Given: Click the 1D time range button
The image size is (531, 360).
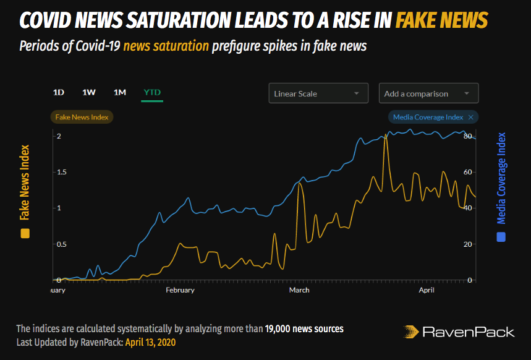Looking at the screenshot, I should point(59,93).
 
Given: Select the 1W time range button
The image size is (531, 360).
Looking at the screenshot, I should point(89,93).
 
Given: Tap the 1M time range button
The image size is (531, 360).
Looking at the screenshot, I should point(120,93).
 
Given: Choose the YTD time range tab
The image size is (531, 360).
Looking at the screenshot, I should point(152,93).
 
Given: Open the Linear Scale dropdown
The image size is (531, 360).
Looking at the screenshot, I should point(318,93).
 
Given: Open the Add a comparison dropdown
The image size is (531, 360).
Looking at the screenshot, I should point(428,93).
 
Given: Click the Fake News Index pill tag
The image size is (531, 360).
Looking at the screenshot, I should point(82,117).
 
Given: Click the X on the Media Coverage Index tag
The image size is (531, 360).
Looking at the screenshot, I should point(471,117).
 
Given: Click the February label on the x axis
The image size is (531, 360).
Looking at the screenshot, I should point(180,289).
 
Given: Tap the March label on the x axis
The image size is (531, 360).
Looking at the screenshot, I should point(299,289).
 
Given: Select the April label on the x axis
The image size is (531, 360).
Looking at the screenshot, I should point(427,289).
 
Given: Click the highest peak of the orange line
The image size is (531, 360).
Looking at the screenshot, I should point(385,135).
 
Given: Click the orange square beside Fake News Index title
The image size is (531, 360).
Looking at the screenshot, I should point(25,233).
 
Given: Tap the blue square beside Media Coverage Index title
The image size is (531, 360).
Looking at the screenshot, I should point(501,236).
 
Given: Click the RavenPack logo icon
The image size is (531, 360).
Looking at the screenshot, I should point(411,332).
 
